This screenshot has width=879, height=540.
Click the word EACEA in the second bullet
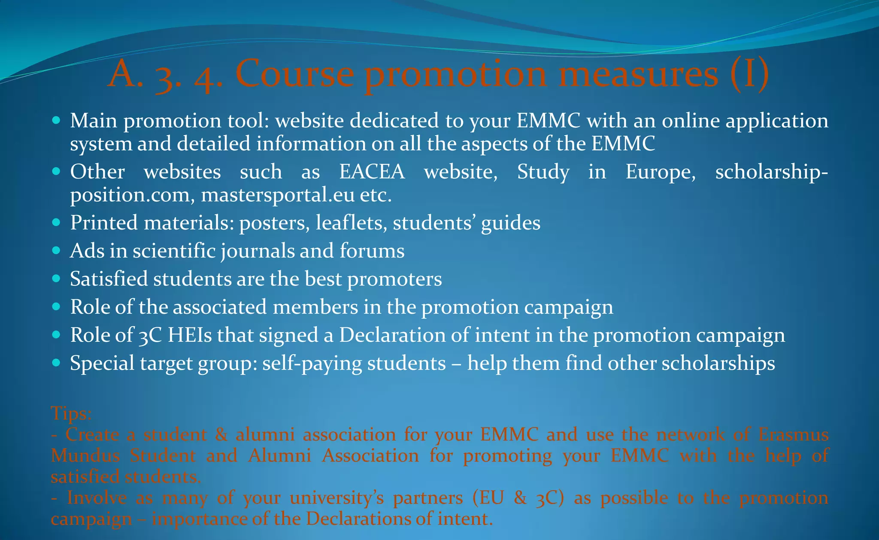tap(372, 172)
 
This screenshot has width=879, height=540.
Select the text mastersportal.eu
tap(277, 195)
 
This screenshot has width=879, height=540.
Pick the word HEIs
tap(189, 335)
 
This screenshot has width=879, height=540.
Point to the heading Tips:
tap(71, 413)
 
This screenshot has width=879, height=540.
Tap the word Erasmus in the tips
tap(793, 434)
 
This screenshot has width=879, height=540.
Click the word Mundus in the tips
tap(85, 455)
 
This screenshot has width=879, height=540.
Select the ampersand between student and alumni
tap(221, 434)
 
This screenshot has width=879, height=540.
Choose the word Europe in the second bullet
tap(660, 172)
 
